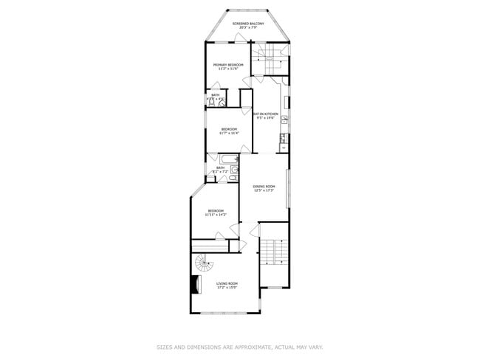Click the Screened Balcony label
[x=248, y=24]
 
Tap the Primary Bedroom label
[x=228, y=65]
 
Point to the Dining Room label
[x=264, y=186]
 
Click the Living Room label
[x=227, y=283]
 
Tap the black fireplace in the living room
[x=196, y=284]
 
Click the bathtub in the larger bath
[x=224, y=159]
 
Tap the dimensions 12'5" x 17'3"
[x=264, y=190]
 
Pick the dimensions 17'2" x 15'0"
[x=227, y=288]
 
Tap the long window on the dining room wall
[x=289, y=188]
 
